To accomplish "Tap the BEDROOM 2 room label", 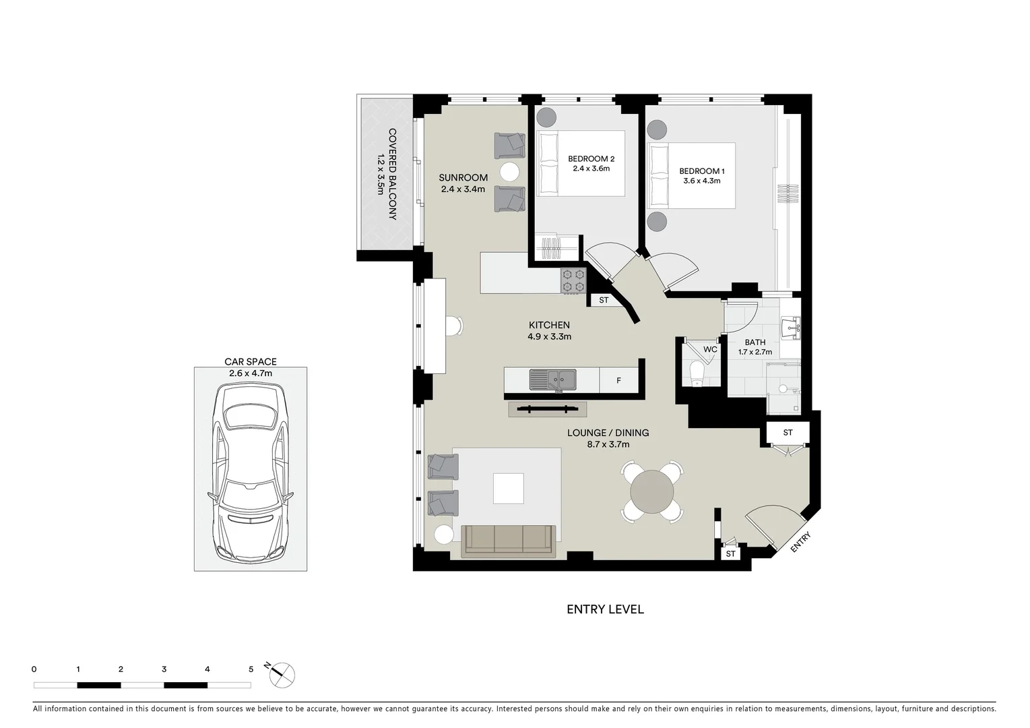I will [591, 159].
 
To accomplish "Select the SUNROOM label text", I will [463, 178].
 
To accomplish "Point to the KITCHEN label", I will [549, 325].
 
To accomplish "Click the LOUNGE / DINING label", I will [608, 433].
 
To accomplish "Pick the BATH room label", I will [754, 342].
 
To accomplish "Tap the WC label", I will [710, 349].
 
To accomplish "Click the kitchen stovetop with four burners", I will [573, 280].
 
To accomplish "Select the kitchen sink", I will [552, 380].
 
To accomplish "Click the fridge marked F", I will [618, 380].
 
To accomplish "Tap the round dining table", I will [651, 491].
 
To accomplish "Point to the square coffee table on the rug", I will [508, 489].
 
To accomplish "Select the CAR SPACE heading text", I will [251, 362].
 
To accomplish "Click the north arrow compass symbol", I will [282, 673].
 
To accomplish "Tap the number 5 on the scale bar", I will [251, 669].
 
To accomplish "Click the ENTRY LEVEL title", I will [605, 609].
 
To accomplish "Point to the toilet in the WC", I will [695, 373].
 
